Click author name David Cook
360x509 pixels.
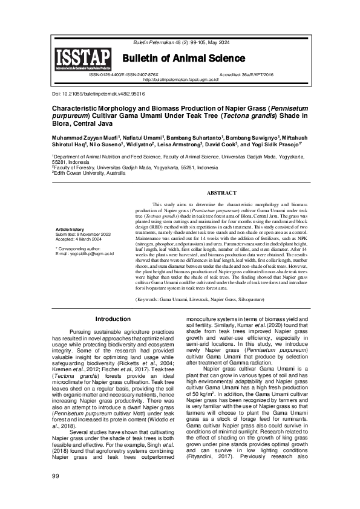[221, 146]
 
